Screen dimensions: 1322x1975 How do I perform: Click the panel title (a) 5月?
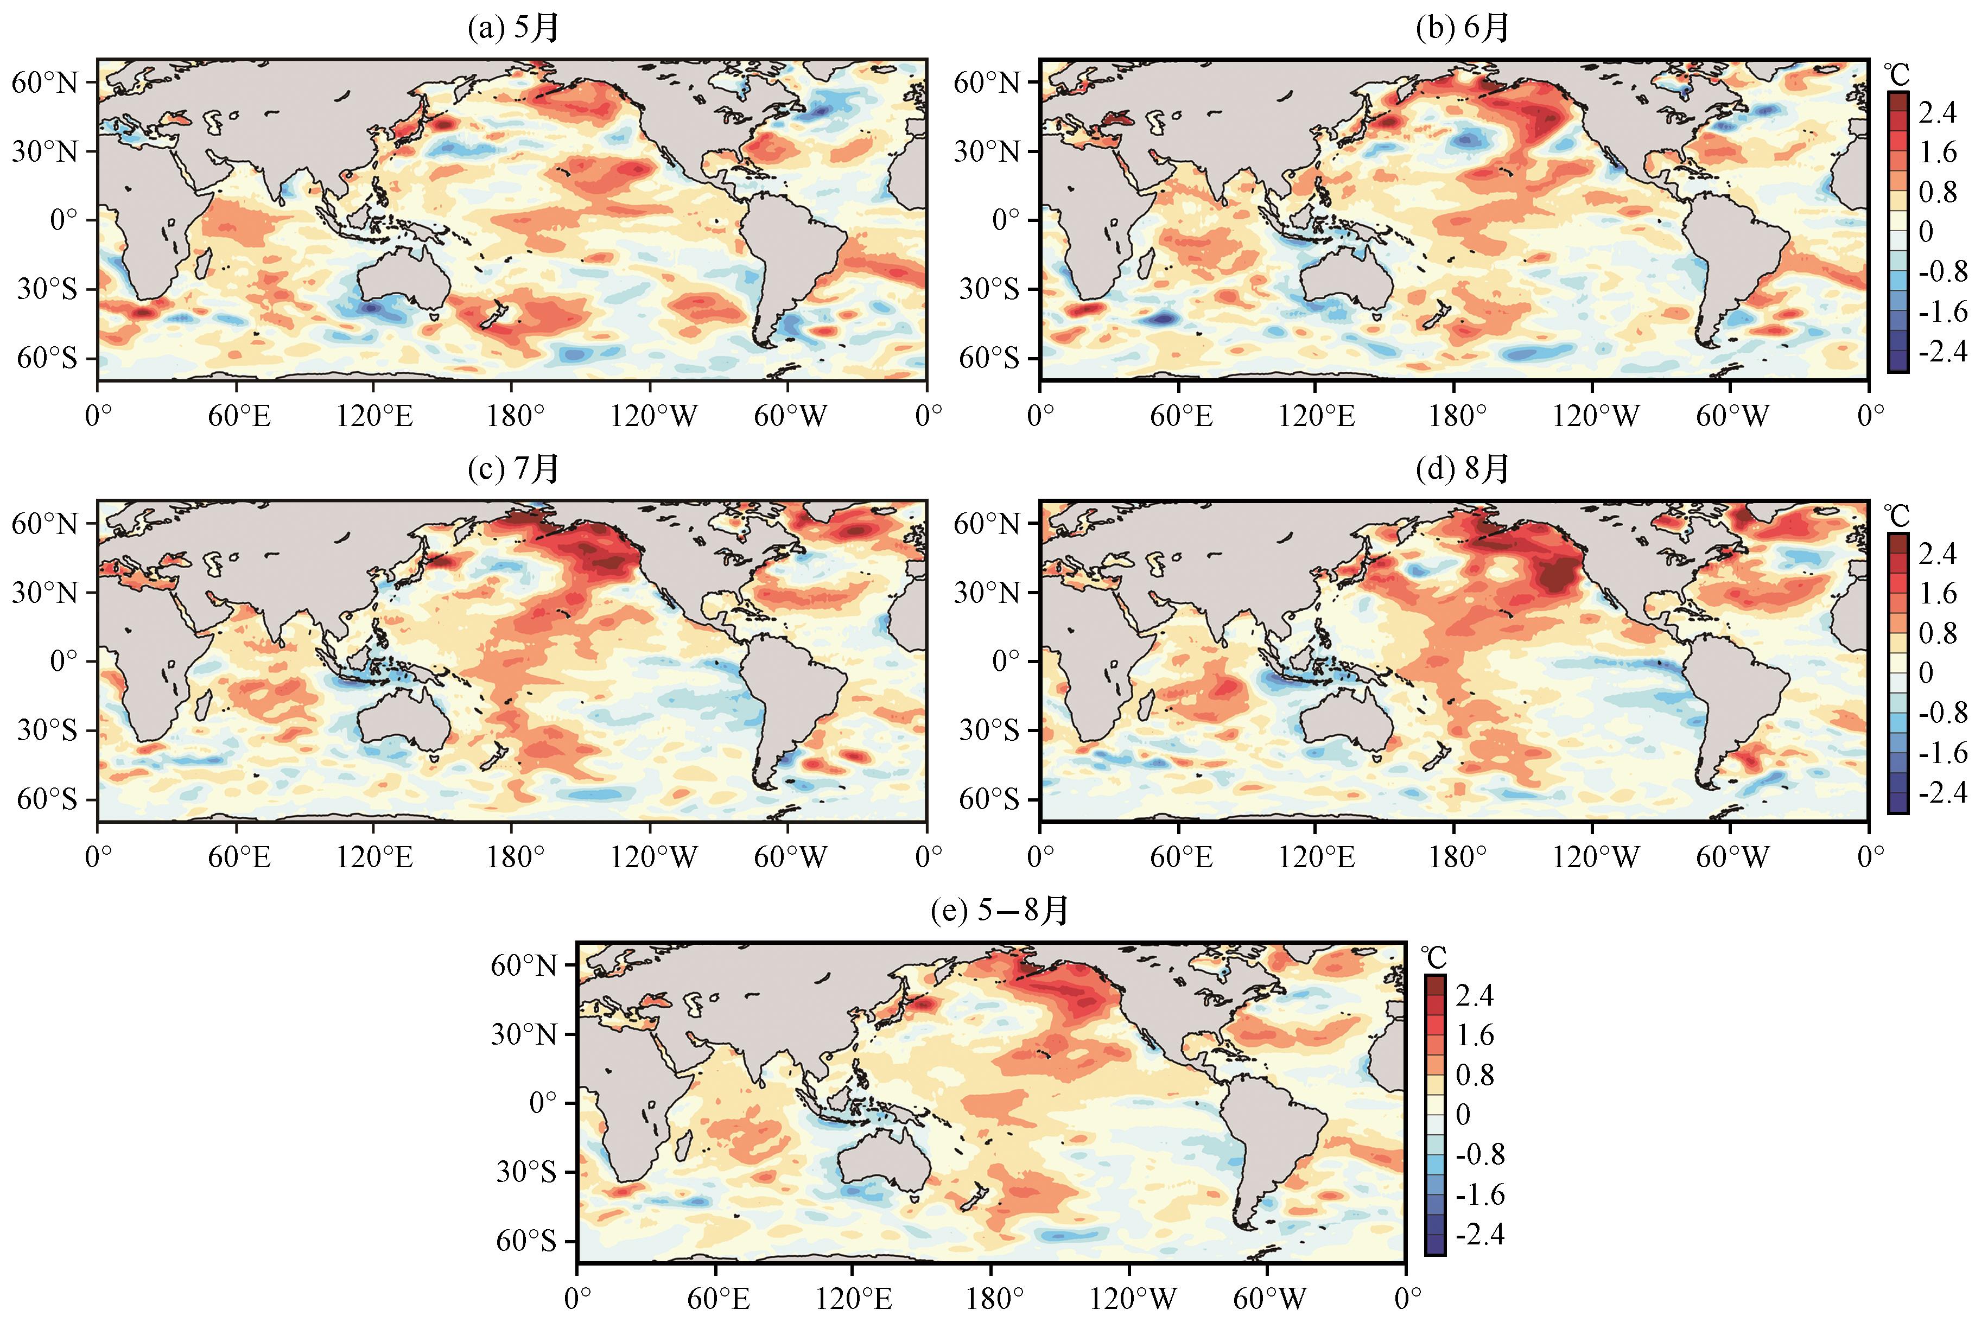(x=513, y=28)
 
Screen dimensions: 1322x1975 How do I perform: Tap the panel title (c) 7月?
(x=513, y=469)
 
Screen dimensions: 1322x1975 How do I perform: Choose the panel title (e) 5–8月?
(x=1000, y=911)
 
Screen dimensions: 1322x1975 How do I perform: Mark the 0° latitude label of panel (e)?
(x=544, y=1103)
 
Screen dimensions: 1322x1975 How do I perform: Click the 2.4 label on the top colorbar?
(x=1937, y=112)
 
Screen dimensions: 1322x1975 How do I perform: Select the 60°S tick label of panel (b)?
(x=989, y=358)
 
